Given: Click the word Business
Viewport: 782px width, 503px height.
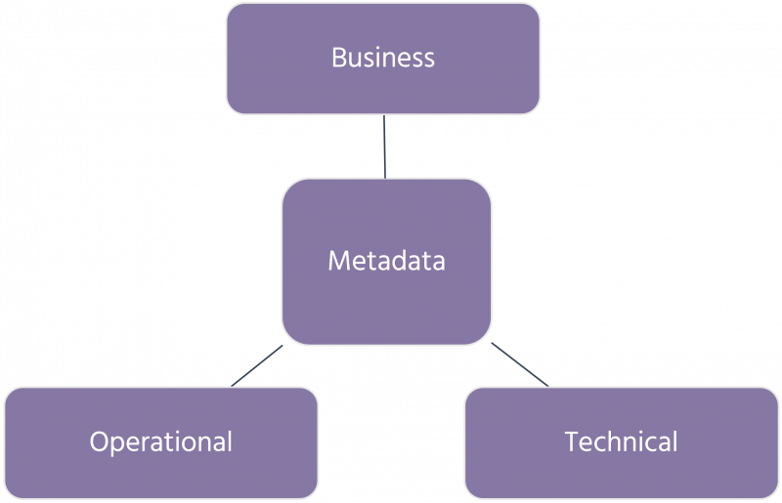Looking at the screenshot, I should pyautogui.click(x=383, y=57).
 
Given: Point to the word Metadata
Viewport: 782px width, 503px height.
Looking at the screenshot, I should pyautogui.click(x=386, y=261).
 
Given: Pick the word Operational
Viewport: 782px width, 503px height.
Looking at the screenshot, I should pyautogui.click(x=161, y=441).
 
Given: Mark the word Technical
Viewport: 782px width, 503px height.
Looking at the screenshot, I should pyautogui.click(x=621, y=441).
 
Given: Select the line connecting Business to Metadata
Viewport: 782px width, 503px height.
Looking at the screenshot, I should pyautogui.click(x=385, y=147).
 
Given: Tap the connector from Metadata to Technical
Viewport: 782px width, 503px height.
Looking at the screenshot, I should pyautogui.click(x=518, y=363).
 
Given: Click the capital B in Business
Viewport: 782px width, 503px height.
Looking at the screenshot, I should pyautogui.click(x=338, y=57).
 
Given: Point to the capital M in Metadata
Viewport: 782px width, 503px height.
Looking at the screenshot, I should pyautogui.click(x=338, y=261).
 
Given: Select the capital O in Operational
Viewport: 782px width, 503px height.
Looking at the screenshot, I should pyautogui.click(x=99, y=441).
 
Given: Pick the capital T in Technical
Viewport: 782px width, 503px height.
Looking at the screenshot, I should pyautogui.click(x=572, y=441).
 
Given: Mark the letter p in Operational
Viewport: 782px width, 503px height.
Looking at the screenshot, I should pyautogui.click(x=115, y=443).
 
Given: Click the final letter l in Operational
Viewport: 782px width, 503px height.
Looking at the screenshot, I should pyautogui.click(x=229, y=441).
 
